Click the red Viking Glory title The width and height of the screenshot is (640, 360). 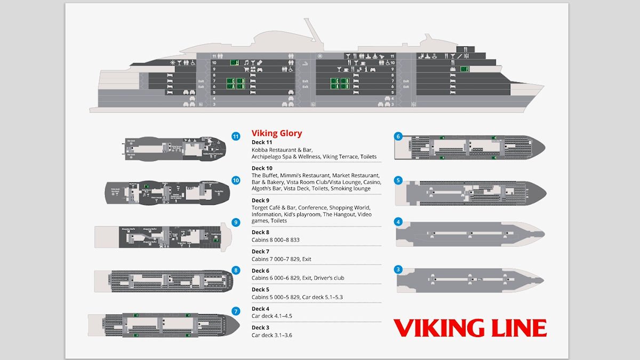[276, 133]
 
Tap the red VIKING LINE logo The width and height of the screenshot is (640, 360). [469, 328]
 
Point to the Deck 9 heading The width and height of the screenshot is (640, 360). [260, 201]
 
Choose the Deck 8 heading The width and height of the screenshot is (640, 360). [260, 233]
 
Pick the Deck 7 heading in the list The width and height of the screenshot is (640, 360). [260, 251]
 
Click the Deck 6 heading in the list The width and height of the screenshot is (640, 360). [260, 270]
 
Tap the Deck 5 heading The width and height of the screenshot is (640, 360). [260, 290]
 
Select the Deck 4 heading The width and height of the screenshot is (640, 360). [260, 309]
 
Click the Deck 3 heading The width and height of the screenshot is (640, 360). [260, 327]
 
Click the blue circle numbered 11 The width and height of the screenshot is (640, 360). [236, 137]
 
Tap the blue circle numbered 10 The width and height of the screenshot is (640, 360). [236, 180]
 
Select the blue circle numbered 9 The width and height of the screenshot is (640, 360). [236, 222]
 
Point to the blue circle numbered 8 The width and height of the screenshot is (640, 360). [236, 270]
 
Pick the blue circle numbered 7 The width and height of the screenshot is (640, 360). [236, 311]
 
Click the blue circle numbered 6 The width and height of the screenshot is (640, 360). [398, 136]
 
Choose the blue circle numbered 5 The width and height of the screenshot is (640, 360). [398, 180]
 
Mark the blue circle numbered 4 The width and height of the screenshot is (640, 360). [398, 221]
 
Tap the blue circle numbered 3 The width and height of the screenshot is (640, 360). [398, 269]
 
